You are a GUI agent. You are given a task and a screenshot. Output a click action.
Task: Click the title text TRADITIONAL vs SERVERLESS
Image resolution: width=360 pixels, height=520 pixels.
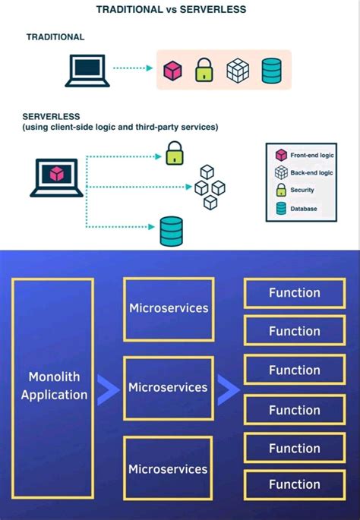179,9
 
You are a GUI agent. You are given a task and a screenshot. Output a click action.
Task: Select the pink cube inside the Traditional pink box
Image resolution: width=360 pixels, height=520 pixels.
173,70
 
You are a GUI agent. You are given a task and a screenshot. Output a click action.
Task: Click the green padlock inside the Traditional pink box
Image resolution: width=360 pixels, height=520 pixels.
204,70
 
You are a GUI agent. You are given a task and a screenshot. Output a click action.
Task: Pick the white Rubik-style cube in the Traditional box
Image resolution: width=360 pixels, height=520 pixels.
238,70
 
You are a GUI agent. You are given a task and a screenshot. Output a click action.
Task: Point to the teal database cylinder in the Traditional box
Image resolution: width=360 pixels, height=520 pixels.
271,70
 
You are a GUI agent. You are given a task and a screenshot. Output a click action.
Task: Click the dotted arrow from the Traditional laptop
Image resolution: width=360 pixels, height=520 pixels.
133,68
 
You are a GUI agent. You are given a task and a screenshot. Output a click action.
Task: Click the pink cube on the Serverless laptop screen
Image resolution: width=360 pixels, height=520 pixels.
56,172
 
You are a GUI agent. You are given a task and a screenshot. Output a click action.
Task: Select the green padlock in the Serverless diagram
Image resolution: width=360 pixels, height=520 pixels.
175,154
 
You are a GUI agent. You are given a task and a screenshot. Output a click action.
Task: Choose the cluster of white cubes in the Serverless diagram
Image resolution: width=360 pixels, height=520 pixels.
209,186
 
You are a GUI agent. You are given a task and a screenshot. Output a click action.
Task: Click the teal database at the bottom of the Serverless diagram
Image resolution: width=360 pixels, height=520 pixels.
171,231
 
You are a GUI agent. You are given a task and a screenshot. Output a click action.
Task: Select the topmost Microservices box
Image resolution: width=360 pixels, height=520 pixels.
168,308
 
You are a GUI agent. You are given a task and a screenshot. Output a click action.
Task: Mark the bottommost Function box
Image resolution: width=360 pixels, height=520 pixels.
294,484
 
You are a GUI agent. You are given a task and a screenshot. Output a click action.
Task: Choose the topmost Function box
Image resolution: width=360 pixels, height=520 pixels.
294,293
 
